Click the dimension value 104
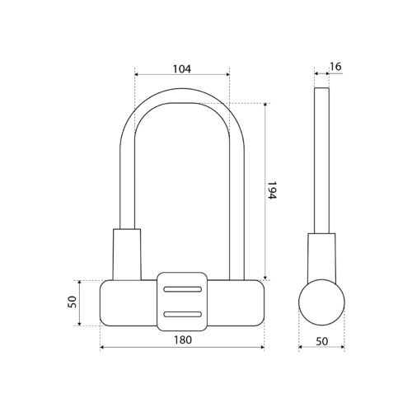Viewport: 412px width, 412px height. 181,69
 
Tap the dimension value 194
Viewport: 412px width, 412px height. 271,190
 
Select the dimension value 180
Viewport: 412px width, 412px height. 183,340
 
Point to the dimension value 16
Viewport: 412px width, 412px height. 335,67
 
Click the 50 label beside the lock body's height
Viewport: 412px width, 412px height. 72,302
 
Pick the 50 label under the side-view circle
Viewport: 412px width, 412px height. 322,341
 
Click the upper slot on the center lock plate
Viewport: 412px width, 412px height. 182,289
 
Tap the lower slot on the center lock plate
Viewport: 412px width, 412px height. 182,315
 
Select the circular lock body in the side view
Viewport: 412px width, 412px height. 321,302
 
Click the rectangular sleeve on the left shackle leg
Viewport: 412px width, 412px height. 127,255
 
